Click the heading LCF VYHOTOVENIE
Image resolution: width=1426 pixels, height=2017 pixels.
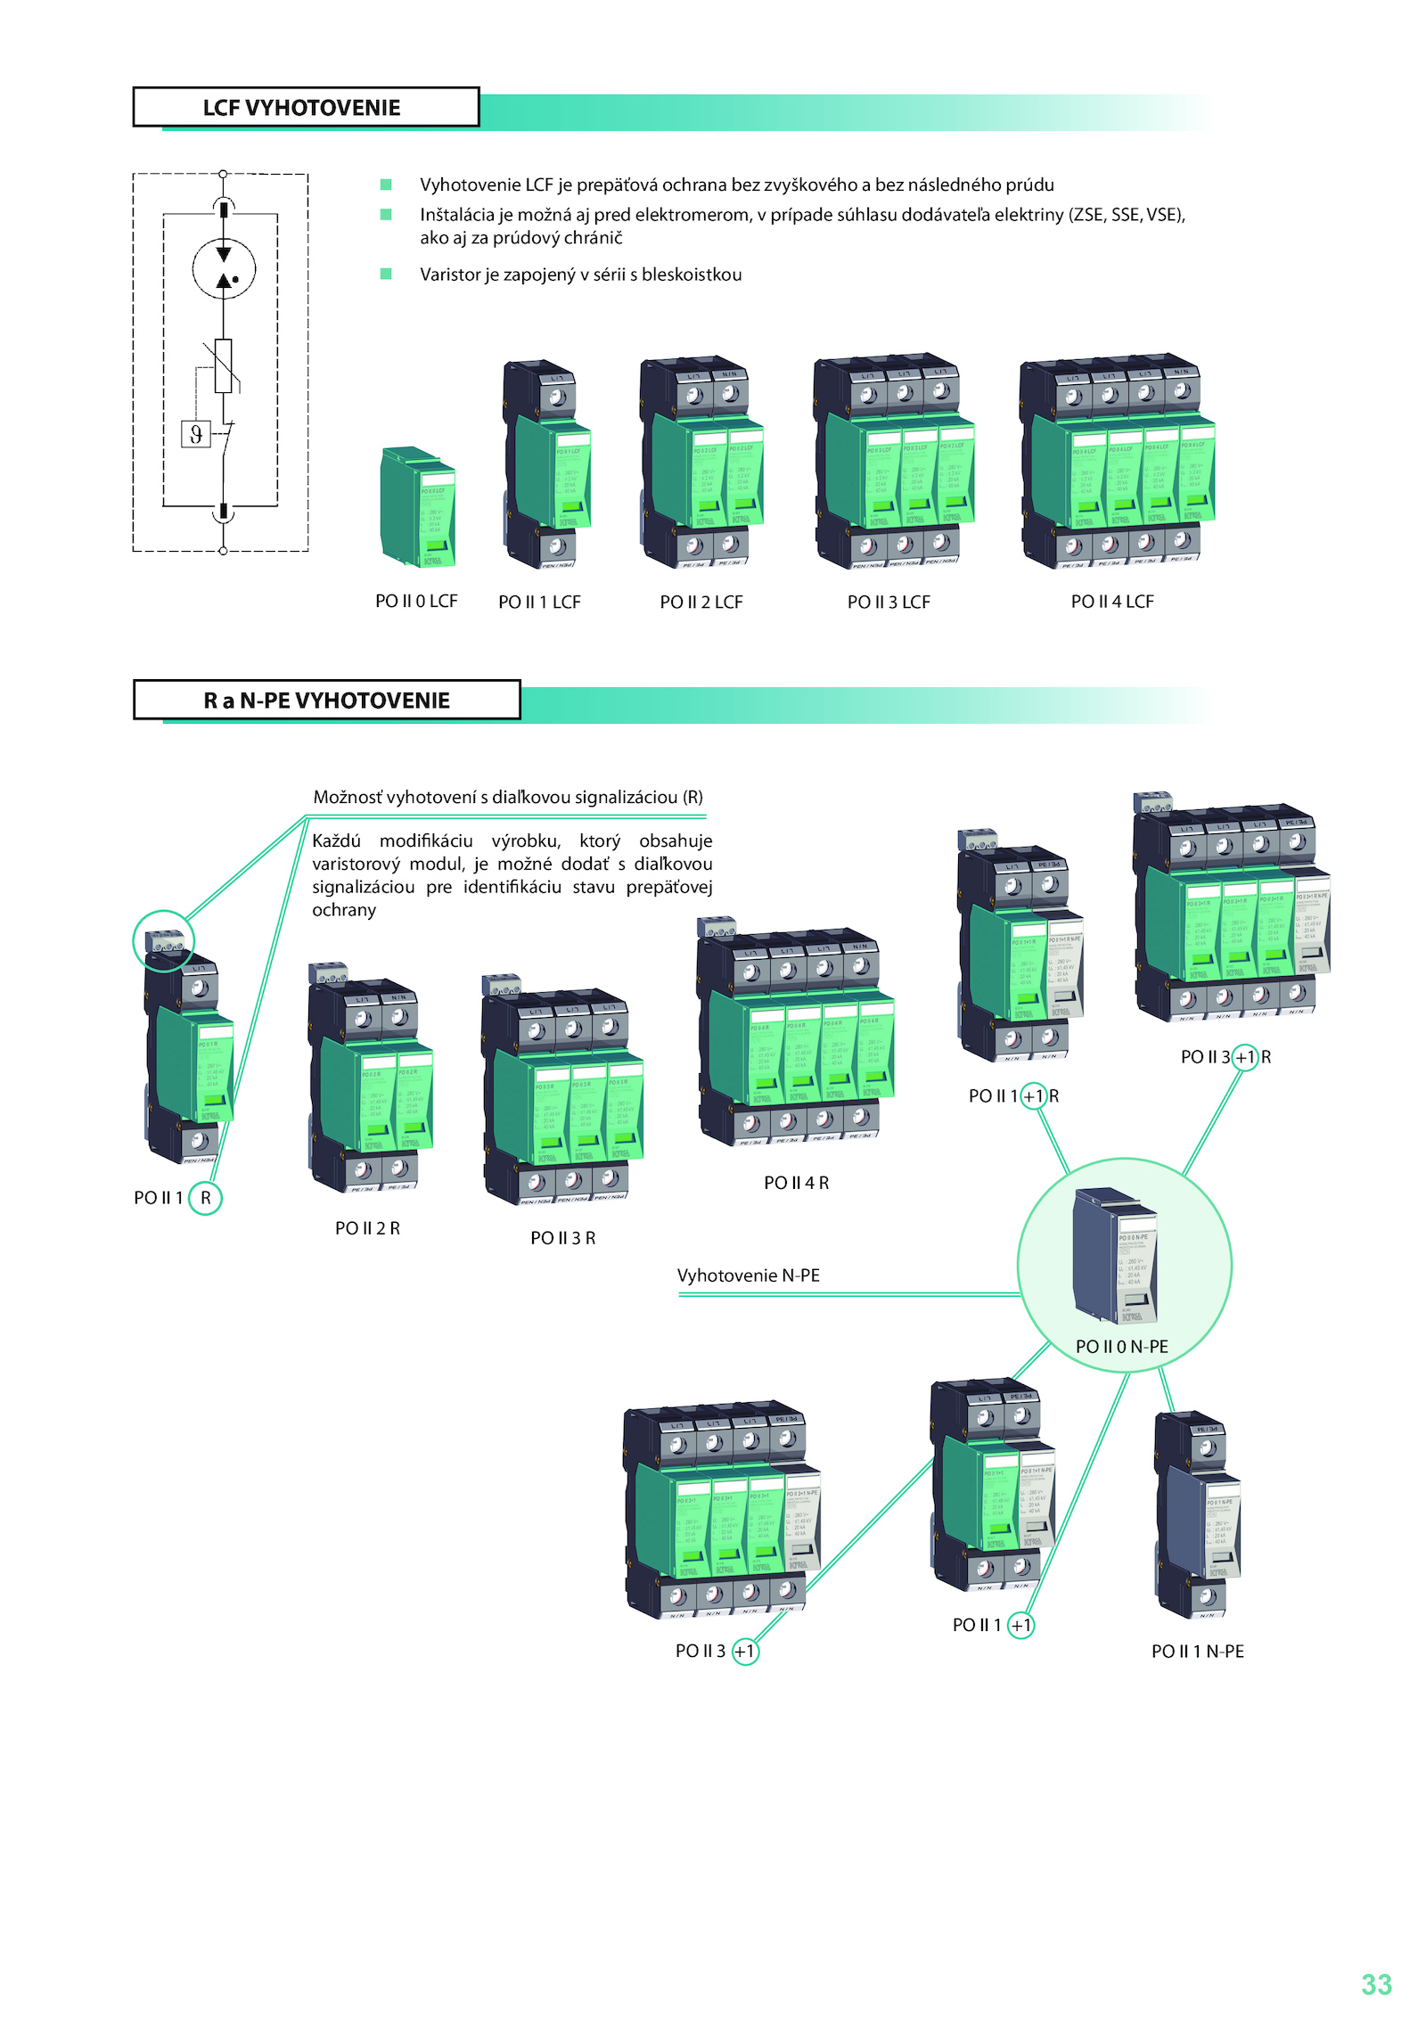coord(301,108)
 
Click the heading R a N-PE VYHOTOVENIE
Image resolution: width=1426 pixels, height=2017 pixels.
coord(326,701)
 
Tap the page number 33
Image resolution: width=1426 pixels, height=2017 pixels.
coord(1376,1984)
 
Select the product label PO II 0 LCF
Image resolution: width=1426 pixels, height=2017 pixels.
coord(416,602)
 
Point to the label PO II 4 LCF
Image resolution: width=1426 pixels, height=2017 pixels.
coord(1111,602)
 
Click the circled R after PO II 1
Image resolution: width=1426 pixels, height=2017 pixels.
coord(206,1198)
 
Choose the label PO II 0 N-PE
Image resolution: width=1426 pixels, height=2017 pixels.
coord(1121,1346)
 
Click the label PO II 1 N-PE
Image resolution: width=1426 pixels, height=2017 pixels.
coord(1197,1652)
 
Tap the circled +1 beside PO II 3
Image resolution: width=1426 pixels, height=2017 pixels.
coord(745,1652)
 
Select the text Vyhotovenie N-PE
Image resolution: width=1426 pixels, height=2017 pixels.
coord(748,1275)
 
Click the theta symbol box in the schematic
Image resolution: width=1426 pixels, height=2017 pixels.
coord(196,434)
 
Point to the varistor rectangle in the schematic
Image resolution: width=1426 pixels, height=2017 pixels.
coord(224,365)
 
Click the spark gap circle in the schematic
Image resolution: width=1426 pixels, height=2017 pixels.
coord(224,268)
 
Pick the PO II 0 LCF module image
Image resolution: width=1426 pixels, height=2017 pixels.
coord(418,506)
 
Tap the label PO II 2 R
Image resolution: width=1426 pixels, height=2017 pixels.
coord(367,1228)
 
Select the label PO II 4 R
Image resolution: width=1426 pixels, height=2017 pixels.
coord(796,1183)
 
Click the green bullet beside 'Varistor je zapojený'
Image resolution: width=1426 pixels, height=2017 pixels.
coord(386,274)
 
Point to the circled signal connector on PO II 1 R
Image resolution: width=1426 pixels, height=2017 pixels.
coord(165,940)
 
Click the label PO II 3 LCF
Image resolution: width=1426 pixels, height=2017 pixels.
coord(889,603)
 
